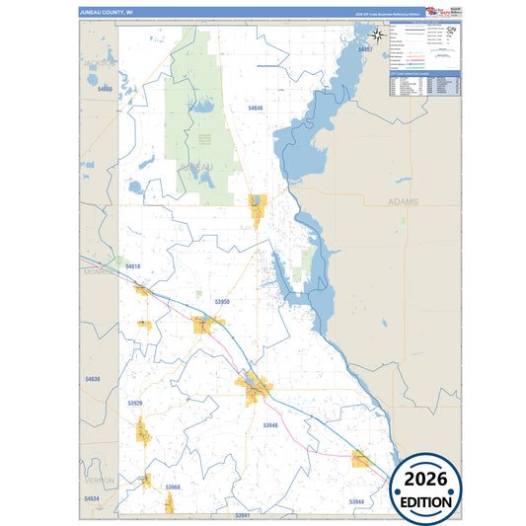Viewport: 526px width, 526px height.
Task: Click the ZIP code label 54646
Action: [x=256, y=108]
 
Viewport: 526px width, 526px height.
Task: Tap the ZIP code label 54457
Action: [x=366, y=48]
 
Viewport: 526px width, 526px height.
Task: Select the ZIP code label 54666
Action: [x=106, y=89]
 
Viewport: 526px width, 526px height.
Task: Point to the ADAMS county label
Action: [x=404, y=201]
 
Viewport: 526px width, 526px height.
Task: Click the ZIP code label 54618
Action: [x=133, y=266]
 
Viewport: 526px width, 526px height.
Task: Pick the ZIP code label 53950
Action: [x=221, y=302]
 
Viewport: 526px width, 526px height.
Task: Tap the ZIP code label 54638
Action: [x=93, y=379]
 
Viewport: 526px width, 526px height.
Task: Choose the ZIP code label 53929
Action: [x=135, y=404]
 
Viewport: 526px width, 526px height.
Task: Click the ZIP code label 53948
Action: [x=270, y=424]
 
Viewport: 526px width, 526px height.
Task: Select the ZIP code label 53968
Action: [x=173, y=488]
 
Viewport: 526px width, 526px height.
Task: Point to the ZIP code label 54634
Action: [x=92, y=499]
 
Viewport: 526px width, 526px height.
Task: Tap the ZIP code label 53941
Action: [x=244, y=515]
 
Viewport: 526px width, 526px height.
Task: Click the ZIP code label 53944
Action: [x=356, y=502]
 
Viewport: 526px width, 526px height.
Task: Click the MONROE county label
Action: [x=100, y=269]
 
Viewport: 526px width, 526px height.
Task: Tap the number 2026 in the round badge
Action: [x=426, y=480]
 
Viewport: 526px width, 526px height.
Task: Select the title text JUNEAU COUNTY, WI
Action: [x=106, y=13]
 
